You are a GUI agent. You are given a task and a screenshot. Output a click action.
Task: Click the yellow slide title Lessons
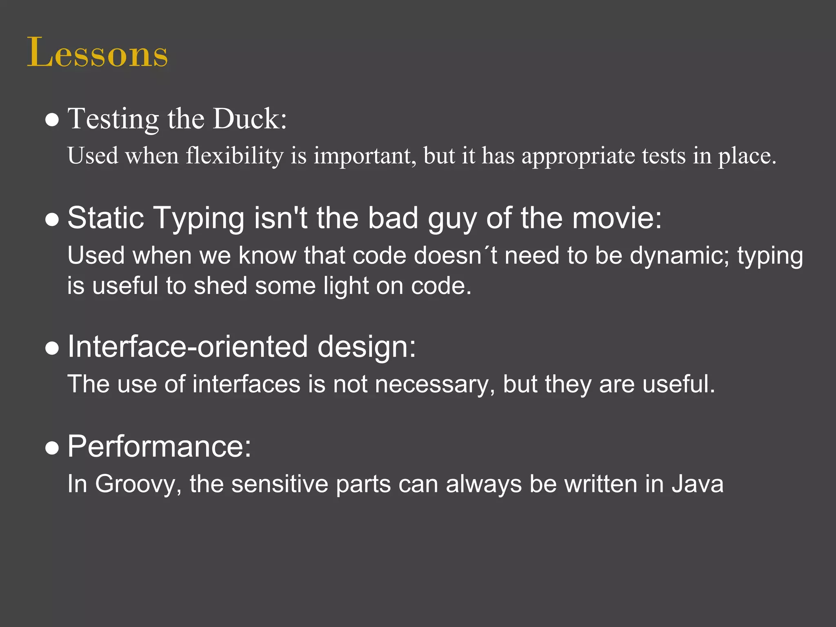point(97,53)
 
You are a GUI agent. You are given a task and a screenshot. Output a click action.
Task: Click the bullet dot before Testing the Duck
point(52,120)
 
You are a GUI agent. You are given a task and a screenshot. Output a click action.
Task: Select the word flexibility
point(234,156)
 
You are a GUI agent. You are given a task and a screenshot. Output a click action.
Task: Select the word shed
point(220,286)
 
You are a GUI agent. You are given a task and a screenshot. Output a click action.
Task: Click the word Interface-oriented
point(187,347)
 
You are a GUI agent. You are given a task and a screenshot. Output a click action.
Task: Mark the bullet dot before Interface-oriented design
point(52,349)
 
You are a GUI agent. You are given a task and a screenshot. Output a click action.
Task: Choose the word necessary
point(432,385)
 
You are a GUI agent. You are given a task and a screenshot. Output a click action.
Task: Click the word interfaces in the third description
point(246,385)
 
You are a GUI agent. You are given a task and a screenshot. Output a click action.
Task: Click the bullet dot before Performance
point(52,448)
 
